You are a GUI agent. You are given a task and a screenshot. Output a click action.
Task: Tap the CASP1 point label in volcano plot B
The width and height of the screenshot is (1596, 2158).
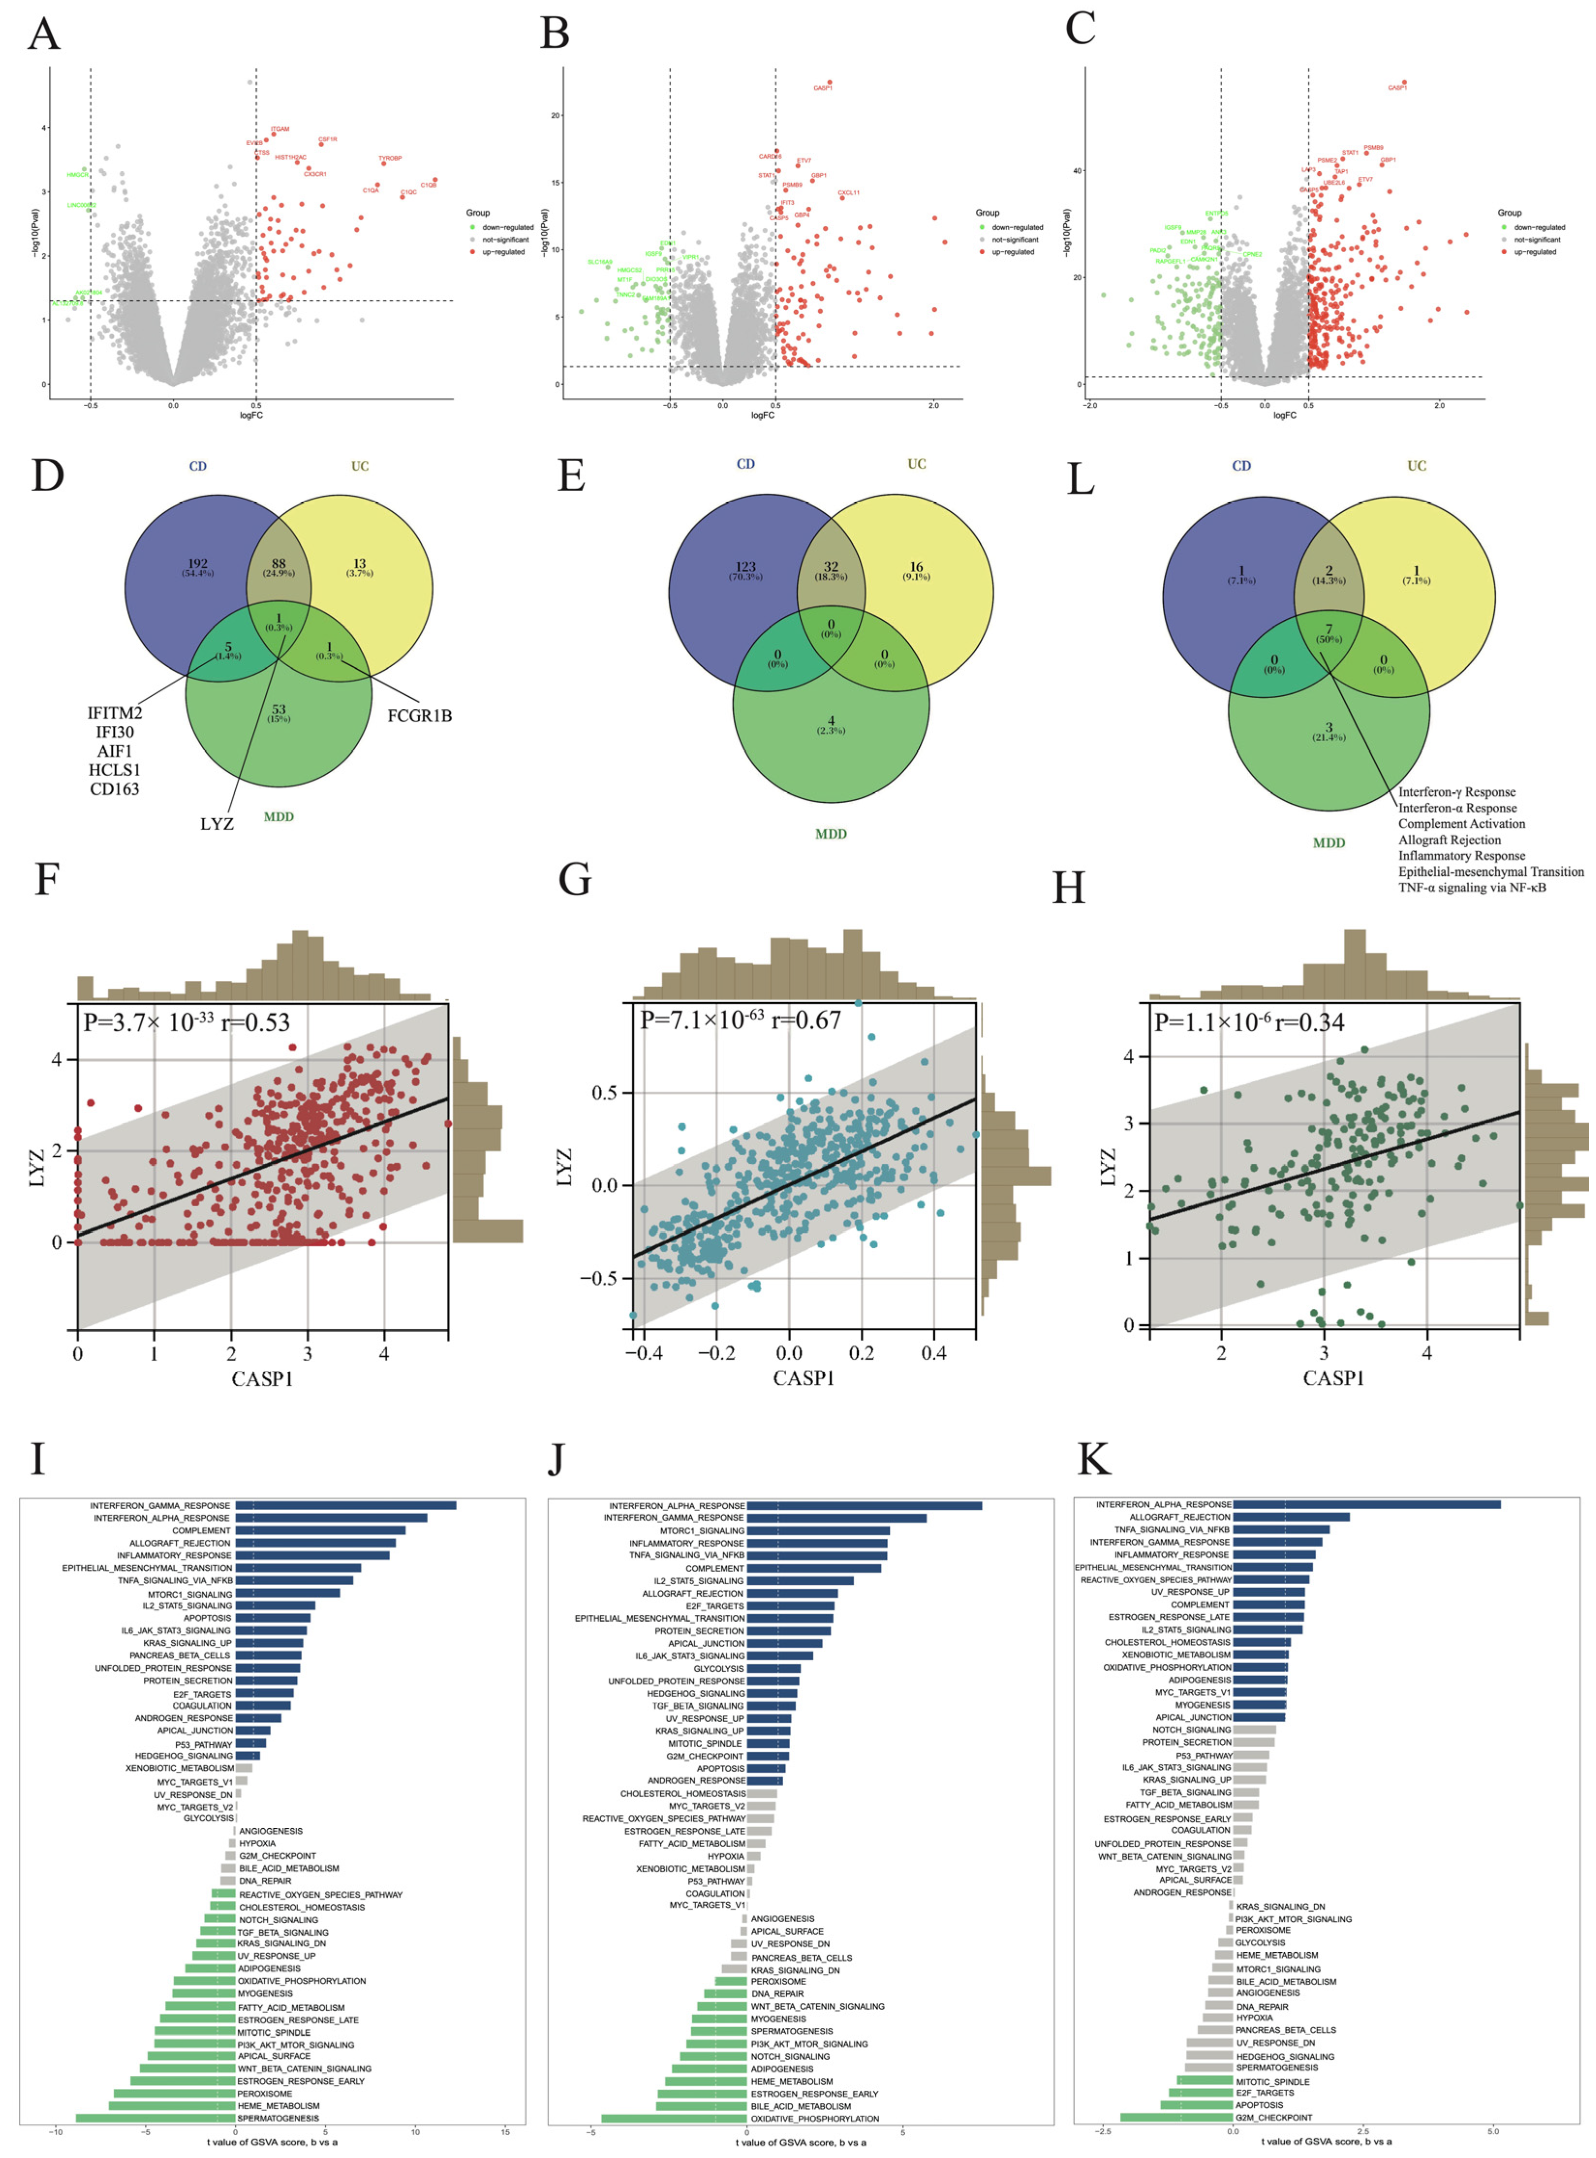click(x=822, y=88)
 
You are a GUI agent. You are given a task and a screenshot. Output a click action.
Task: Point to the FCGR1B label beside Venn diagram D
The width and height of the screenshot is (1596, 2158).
click(x=419, y=716)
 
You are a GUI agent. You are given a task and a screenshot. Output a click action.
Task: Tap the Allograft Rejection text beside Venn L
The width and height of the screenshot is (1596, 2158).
click(x=1449, y=840)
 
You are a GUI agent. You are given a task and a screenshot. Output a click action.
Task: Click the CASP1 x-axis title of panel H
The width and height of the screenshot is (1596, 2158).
click(x=1333, y=1378)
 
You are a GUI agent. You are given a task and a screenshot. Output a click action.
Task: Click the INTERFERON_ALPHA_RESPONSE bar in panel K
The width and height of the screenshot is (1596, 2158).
click(x=1366, y=1505)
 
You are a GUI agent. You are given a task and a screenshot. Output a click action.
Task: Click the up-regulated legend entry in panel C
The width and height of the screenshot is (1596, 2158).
click(x=1534, y=252)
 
